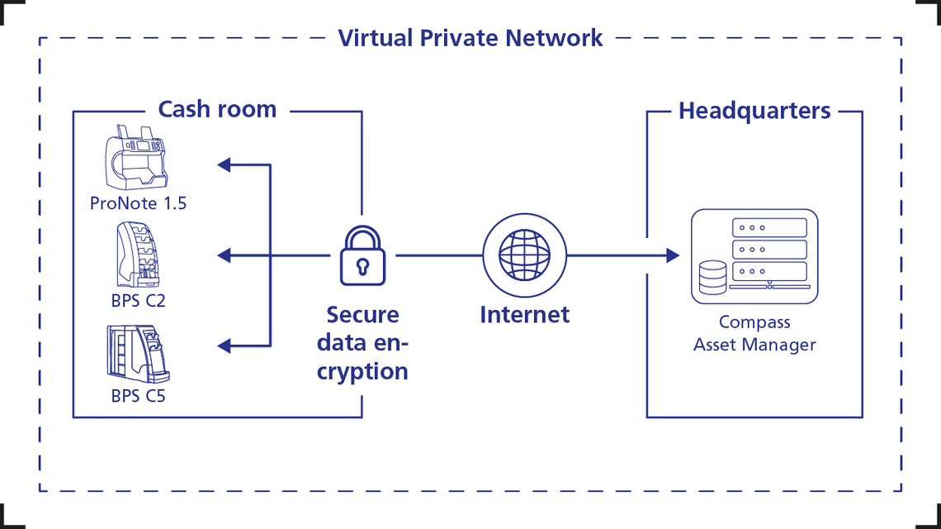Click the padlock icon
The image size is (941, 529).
[362, 256]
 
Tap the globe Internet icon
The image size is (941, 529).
[524, 255]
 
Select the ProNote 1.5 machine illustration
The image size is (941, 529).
[137, 160]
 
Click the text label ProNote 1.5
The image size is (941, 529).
[139, 203]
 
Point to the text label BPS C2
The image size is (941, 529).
[139, 300]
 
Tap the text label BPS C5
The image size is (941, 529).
[139, 396]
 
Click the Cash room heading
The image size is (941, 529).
[217, 109]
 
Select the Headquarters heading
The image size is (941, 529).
[754, 111]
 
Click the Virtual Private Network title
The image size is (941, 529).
[470, 38]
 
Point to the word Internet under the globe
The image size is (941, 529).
[524, 315]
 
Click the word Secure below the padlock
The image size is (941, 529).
[362, 315]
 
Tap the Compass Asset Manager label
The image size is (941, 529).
[754, 333]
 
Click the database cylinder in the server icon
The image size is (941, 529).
[712, 278]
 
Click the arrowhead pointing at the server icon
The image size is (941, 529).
[672, 255]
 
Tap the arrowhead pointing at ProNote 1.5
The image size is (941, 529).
[224, 164]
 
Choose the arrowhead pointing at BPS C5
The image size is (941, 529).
[224, 345]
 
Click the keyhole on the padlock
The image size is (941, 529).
[362, 266]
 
